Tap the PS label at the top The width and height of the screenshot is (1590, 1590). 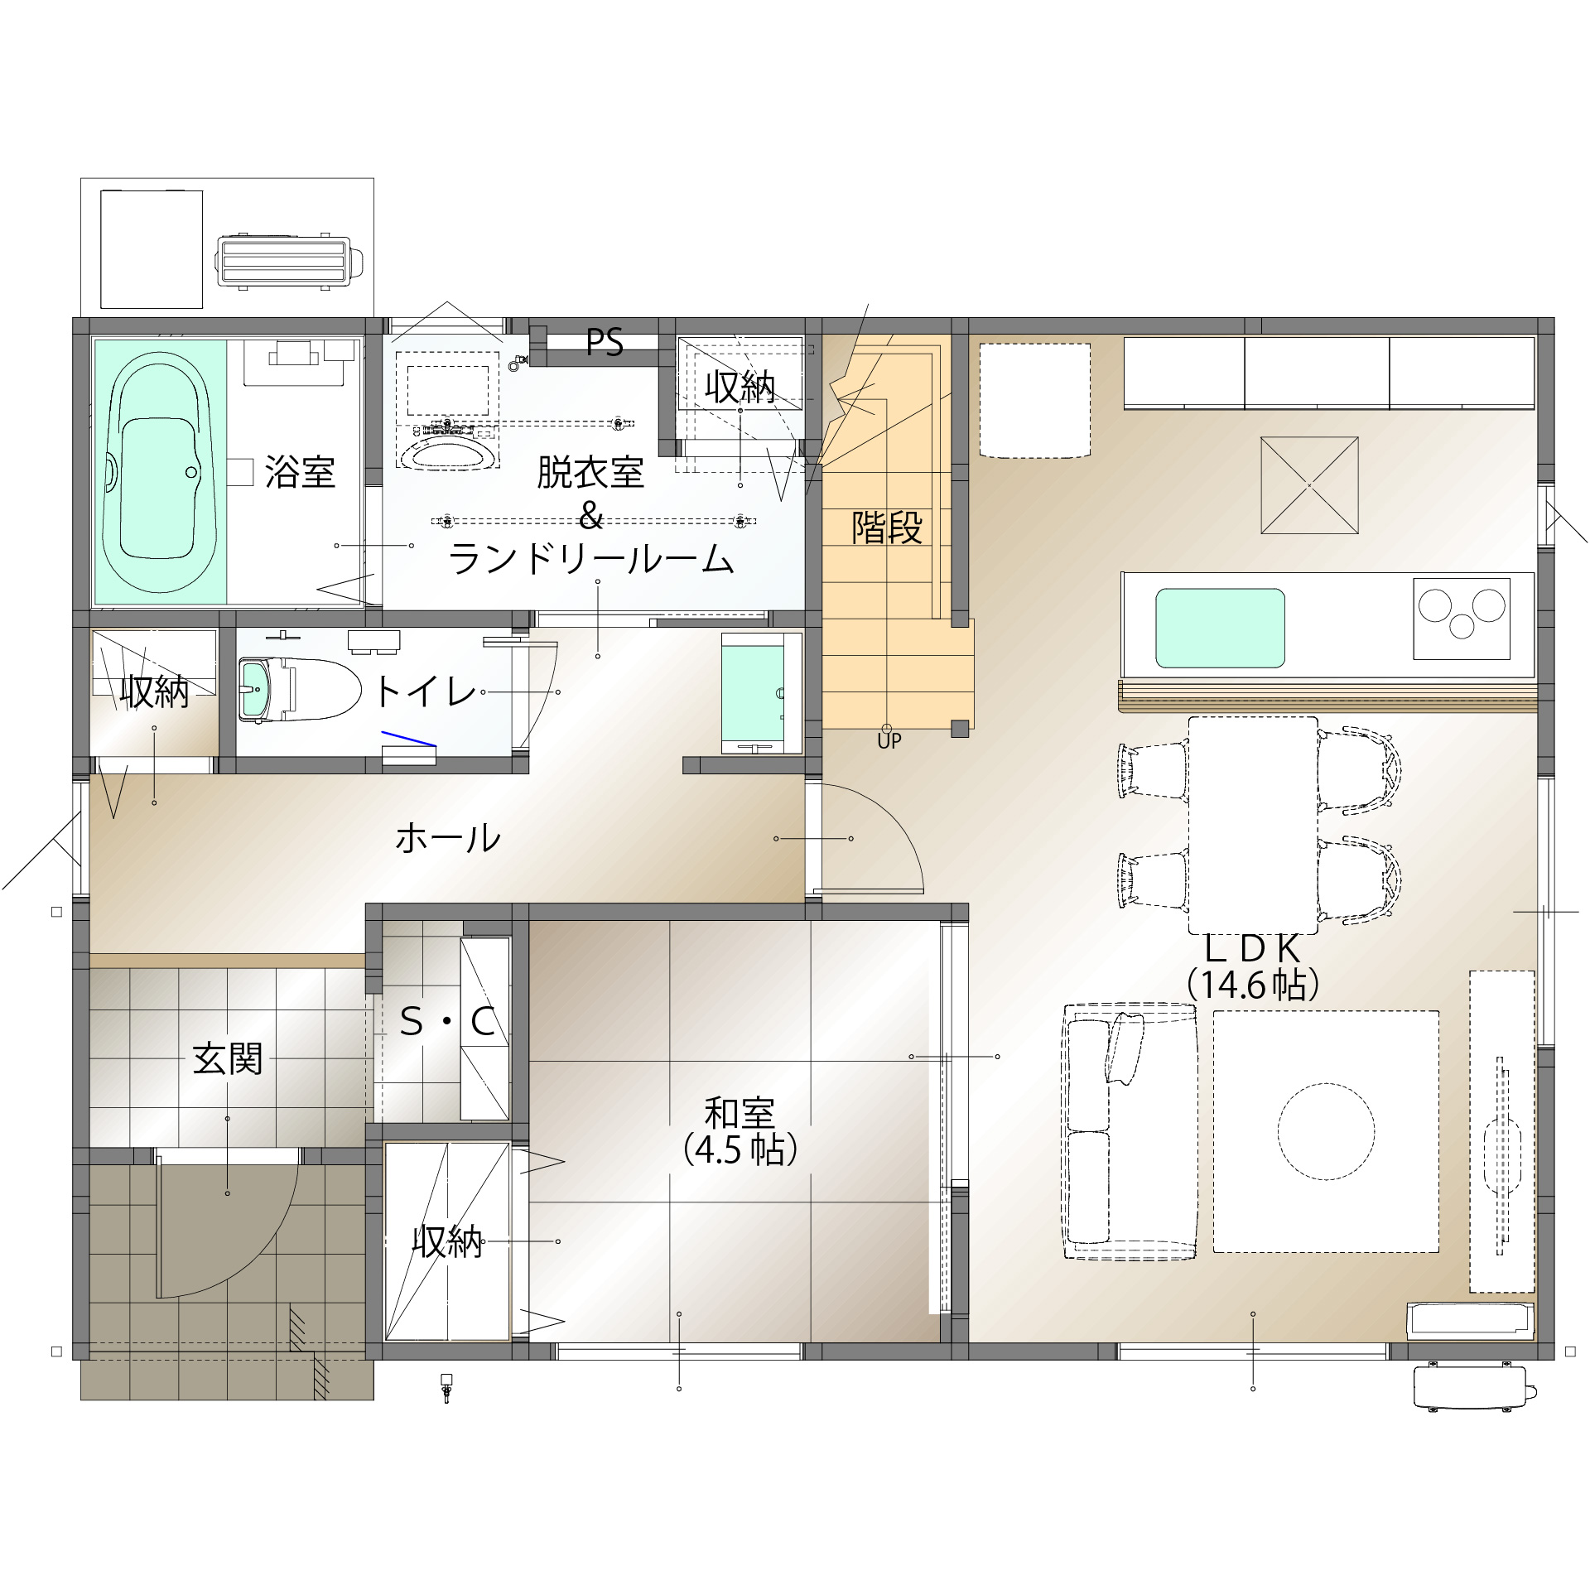[605, 342]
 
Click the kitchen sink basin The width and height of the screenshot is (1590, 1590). [1220, 628]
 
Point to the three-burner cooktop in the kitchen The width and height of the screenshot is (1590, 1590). [1462, 619]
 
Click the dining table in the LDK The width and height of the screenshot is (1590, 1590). [1253, 825]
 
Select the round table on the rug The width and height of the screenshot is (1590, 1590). [1326, 1130]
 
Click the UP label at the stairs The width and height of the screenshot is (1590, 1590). [889, 741]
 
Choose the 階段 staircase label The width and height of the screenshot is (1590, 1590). [887, 528]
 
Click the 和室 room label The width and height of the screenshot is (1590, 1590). [740, 1113]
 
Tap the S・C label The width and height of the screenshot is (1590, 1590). [447, 1022]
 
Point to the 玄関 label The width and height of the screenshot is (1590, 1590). [228, 1058]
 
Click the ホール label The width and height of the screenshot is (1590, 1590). [448, 838]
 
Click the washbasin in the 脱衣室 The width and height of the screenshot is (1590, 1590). [448, 453]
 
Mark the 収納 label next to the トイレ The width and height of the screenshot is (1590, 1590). [155, 691]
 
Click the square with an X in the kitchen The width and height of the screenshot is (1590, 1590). [1309, 486]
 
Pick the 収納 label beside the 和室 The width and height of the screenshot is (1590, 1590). [447, 1241]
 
